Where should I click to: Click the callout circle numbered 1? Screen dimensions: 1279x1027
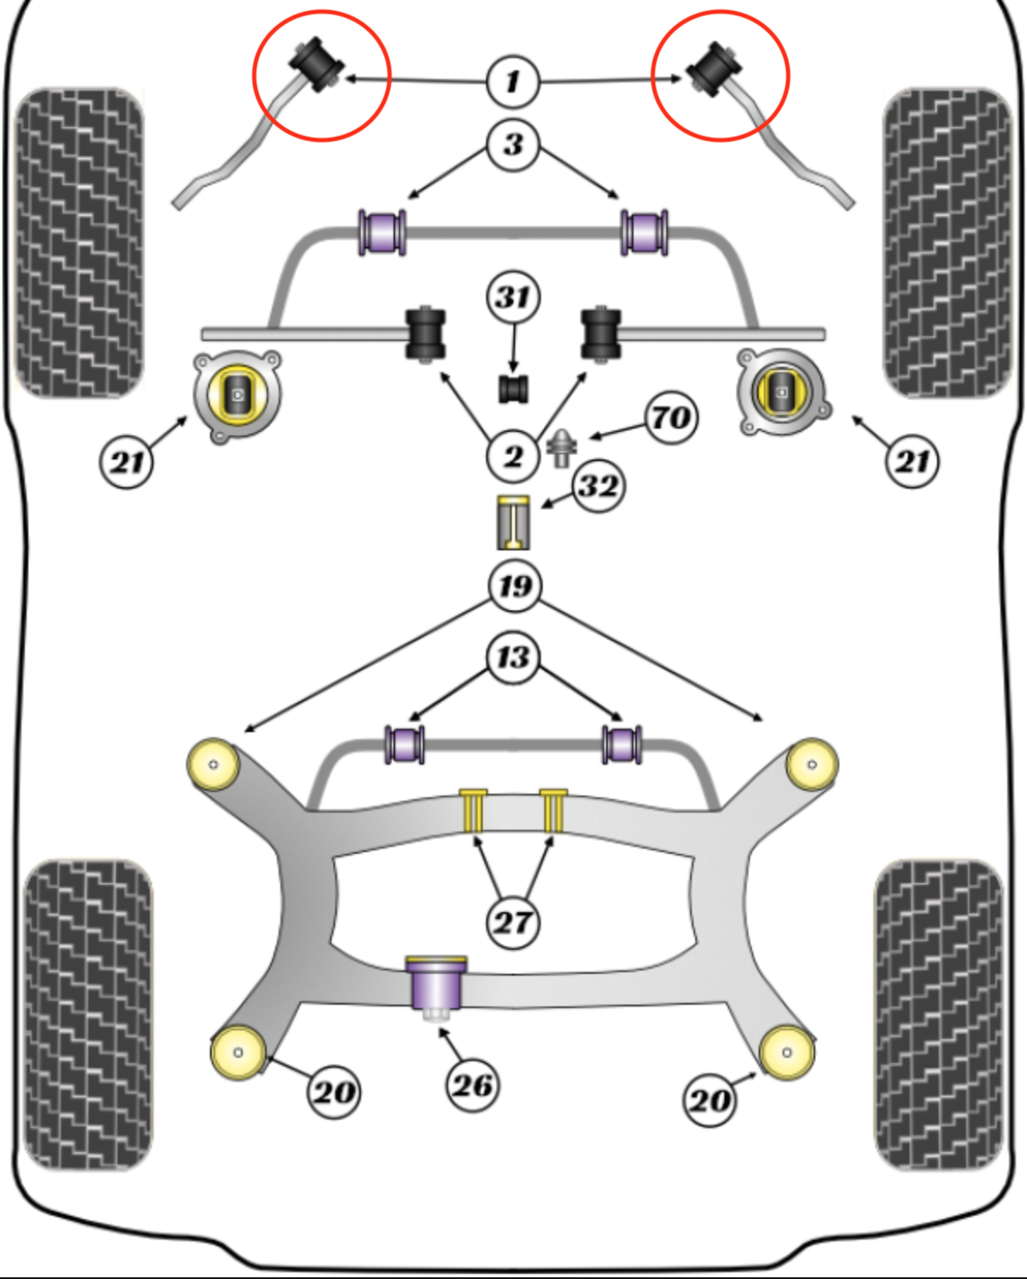click(513, 81)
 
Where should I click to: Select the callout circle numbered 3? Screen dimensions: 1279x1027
click(513, 144)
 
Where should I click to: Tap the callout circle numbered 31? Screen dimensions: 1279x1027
click(513, 297)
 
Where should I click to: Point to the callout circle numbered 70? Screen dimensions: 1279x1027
click(670, 417)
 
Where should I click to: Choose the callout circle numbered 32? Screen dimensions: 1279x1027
click(598, 486)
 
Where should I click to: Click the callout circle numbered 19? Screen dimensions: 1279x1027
click(514, 586)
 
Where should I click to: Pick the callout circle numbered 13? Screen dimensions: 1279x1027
click(513, 658)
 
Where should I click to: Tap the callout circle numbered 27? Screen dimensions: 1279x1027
click(513, 922)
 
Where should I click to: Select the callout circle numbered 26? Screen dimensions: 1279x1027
click(471, 1085)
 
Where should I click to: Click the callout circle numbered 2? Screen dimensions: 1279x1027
click(513, 456)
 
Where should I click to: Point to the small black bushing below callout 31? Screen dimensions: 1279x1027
click(513, 388)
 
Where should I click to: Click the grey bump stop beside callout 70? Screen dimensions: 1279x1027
click(562, 447)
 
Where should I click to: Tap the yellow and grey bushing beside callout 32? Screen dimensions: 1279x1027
click(513, 522)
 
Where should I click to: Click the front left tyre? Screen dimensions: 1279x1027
click(80, 243)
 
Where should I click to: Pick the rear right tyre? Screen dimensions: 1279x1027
click(939, 1015)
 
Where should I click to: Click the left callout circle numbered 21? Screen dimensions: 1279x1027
click(127, 462)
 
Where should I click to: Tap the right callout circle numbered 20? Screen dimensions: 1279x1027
click(711, 1099)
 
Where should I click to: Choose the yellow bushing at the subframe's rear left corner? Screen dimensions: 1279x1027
click(238, 1053)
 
